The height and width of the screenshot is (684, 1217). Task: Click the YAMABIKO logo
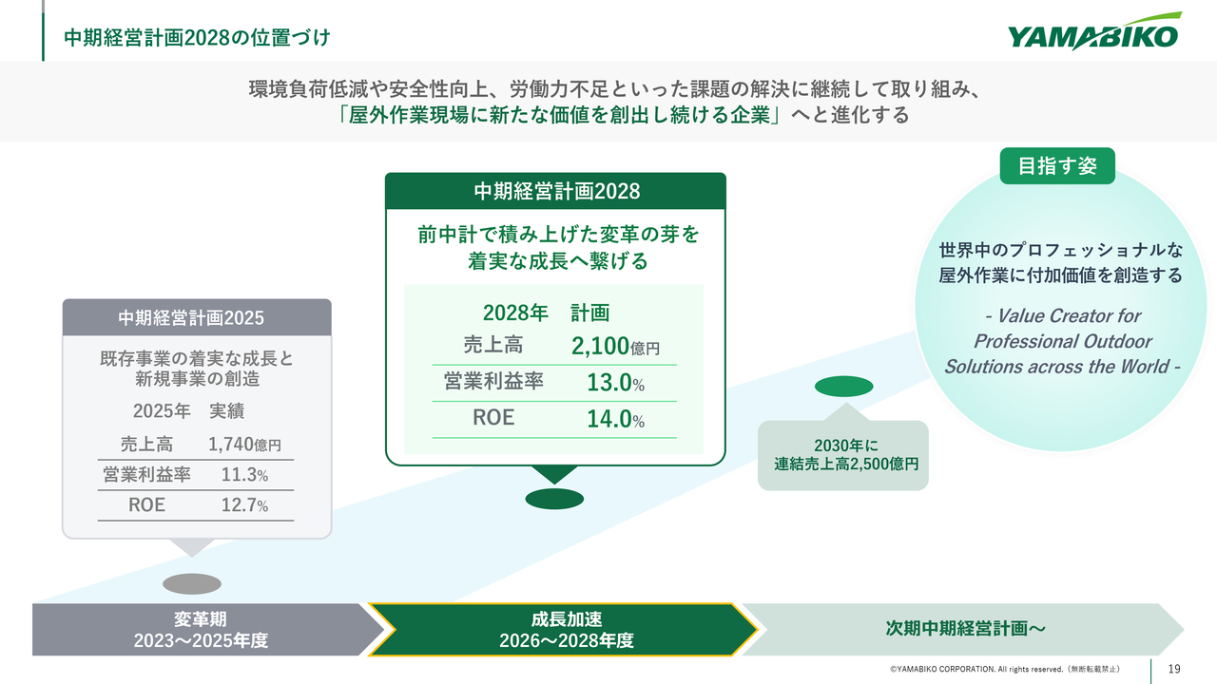[1094, 31]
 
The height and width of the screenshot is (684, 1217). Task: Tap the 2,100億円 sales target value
[615, 346]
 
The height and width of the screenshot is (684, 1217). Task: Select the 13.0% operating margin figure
[615, 383]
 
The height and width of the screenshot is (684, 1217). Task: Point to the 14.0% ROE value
[615, 419]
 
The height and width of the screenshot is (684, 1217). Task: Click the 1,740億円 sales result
[244, 445]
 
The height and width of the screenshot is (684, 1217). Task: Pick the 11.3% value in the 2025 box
[244, 475]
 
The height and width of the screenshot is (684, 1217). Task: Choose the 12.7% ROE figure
[244, 505]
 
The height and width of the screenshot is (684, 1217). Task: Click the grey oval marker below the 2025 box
[192, 584]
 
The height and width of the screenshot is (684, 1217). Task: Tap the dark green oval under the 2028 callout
[554, 499]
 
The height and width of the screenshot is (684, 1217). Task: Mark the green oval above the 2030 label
[843, 386]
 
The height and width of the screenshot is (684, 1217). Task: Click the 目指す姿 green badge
[1057, 166]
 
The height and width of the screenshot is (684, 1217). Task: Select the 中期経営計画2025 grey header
[197, 317]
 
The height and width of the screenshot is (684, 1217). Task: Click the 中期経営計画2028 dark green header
[555, 191]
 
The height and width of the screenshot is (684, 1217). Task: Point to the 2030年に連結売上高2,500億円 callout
[843, 454]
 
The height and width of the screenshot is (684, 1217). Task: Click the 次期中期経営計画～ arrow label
[965, 629]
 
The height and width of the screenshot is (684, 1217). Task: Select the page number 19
[1174, 669]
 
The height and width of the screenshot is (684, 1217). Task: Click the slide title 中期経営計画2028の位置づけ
[197, 37]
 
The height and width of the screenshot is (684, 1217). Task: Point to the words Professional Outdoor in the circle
[1062, 341]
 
